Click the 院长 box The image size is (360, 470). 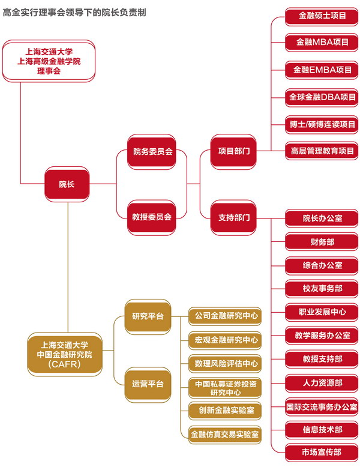[67, 184]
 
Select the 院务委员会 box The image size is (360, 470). [152, 151]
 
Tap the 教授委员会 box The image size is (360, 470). [152, 216]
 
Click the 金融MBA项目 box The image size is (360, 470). [322, 42]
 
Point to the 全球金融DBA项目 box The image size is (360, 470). [322, 97]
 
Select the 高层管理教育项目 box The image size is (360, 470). [322, 151]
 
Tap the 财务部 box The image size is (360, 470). [322, 242]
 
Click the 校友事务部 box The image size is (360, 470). [322, 288]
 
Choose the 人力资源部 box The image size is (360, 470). [322, 382]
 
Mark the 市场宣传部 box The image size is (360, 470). [322, 452]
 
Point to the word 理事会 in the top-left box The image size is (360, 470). [49, 71]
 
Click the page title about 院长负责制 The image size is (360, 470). [74, 11]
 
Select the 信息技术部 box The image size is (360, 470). [322, 429]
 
